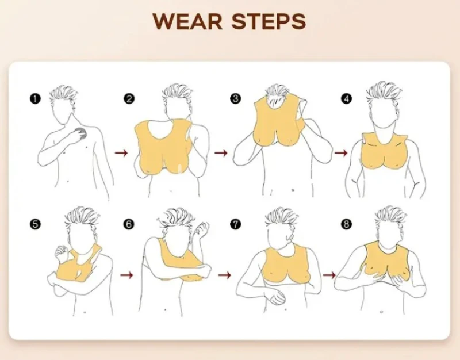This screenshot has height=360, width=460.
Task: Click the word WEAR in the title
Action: click(187, 21)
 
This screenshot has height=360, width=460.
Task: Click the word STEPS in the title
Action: click(269, 21)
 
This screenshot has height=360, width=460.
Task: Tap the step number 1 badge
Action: click(35, 98)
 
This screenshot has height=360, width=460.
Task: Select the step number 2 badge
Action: click(129, 99)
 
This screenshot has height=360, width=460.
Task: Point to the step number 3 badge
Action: click(235, 98)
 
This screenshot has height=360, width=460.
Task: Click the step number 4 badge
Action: click(346, 98)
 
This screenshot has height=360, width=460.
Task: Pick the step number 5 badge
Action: click(35, 224)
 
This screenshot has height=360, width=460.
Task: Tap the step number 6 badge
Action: click(129, 224)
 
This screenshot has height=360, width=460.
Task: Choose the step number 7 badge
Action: click(235, 224)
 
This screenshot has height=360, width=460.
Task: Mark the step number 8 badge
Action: click(346, 224)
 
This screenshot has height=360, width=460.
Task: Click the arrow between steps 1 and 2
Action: click(121, 152)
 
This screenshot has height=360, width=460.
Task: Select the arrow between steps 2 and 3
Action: click(221, 153)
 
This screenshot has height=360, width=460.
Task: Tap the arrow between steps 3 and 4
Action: click(341, 152)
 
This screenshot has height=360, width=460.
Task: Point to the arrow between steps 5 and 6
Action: click(126, 275)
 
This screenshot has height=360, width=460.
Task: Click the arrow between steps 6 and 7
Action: click(225, 275)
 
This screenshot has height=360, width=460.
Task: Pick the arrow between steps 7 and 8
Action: click(329, 275)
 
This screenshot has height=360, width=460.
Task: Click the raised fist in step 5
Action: click(62, 252)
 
